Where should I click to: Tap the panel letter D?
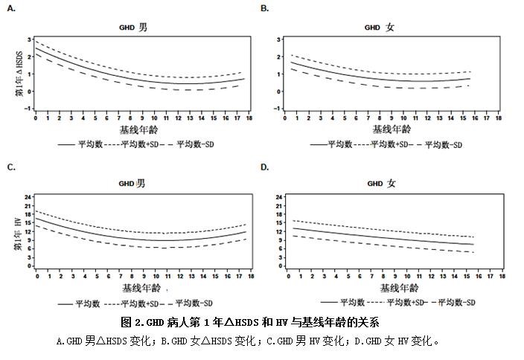[x=264, y=167]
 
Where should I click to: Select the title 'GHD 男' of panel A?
[x=133, y=28]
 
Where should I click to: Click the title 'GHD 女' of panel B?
[x=379, y=28]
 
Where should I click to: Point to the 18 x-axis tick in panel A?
[x=250, y=117]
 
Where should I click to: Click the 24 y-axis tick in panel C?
[x=28, y=197]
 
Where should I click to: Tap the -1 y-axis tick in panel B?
[x=277, y=109]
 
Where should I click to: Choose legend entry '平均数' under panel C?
[x=88, y=303]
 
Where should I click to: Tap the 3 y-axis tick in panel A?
[x=28, y=39]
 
